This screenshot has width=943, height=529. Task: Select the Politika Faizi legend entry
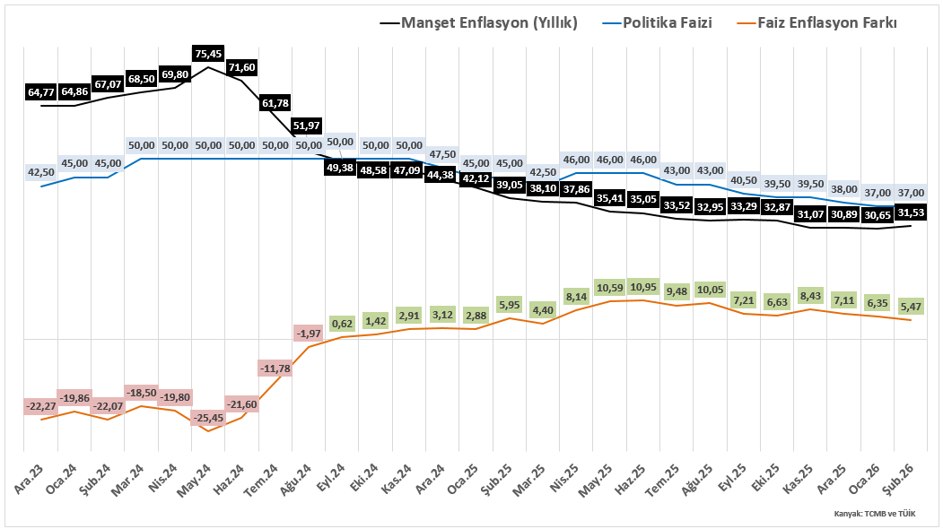(659, 23)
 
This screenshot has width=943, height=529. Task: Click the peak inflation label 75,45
(208, 53)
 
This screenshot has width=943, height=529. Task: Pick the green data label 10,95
(642, 287)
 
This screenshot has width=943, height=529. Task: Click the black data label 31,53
(910, 212)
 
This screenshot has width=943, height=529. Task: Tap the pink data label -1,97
(308, 334)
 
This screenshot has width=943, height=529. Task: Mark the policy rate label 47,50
(442, 153)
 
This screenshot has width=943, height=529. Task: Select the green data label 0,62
(342, 324)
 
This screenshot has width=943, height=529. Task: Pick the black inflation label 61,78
(275, 103)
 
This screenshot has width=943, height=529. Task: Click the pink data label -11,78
(275, 369)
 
